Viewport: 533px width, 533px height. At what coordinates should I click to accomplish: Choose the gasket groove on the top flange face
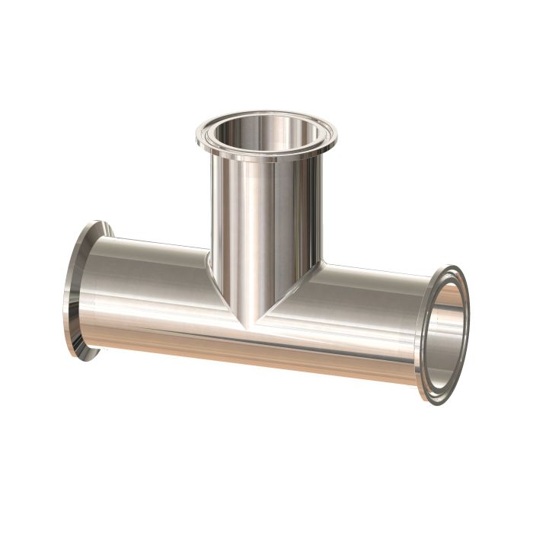pos(266,116)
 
